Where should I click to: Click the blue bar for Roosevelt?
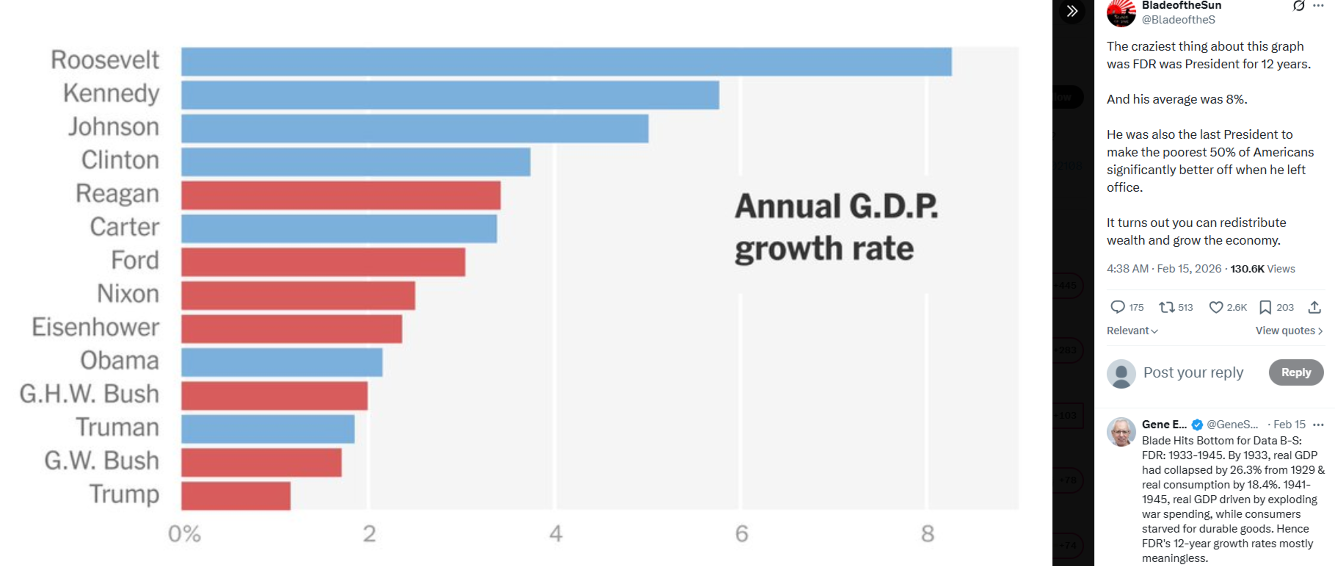[x=566, y=62]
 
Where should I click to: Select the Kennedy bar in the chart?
[x=450, y=95]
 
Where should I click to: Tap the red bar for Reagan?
[x=341, y=195]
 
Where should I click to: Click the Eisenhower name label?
[x=95, y=327]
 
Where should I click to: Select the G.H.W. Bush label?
[x=89, y=394]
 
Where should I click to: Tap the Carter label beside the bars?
[x=124, y=227]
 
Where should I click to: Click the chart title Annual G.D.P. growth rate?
[x=836, y=227]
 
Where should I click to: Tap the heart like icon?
[x=1215, y=308]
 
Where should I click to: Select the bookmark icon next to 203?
[x=1265, y=308]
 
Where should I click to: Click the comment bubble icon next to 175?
[x=1117, y=307]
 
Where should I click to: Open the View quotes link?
[x=1289, y=330]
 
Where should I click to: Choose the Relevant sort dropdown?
[x=1132, y=330]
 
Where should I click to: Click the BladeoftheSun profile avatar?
[x=1121, y=13]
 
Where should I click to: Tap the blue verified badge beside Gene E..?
[x=1197, y=424]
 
